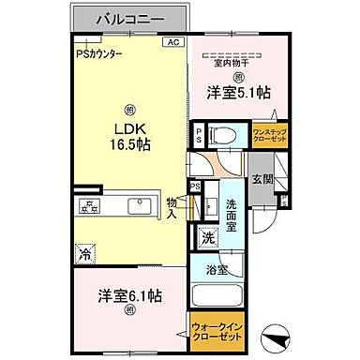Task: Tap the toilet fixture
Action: coord(218,134)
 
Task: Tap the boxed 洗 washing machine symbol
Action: coord(209,237)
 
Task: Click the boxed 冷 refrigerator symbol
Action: coord(85,252)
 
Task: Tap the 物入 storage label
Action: coord(172,207)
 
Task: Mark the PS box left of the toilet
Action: coord(199,134)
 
